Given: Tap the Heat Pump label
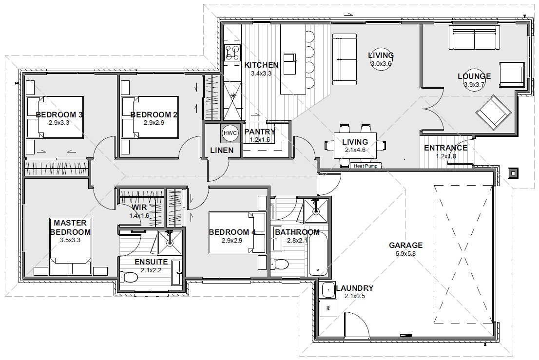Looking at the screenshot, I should click(366, 166).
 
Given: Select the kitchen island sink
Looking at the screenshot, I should click(289, 59).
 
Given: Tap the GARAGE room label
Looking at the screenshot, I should click(405, 245).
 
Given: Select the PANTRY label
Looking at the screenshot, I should click(260, 132).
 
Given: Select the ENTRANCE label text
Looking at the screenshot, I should click(445, 148).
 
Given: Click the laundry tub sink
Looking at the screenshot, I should click(327, 289).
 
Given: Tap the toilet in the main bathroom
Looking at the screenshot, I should click(281, 264).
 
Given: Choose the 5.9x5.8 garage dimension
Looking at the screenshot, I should click(405, 253).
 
